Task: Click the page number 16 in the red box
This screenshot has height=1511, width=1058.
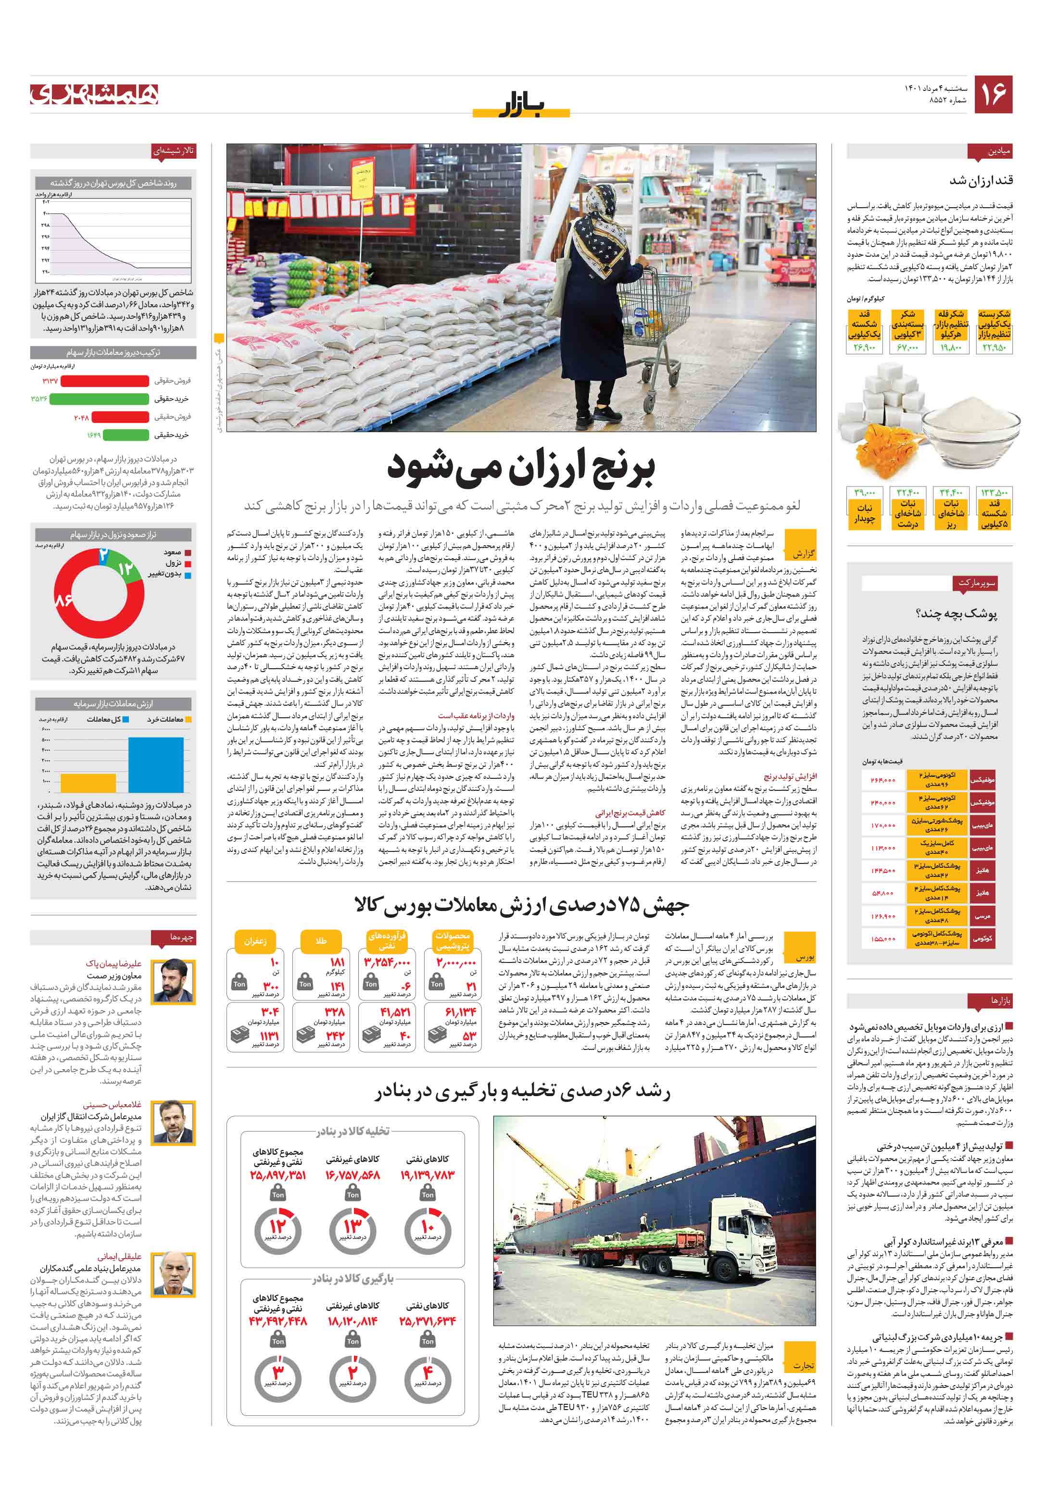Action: pos(993,94)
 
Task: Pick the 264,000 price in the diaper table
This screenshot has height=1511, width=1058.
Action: pos(882,780)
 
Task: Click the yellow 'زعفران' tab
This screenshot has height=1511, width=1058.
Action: pos(255,940)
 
